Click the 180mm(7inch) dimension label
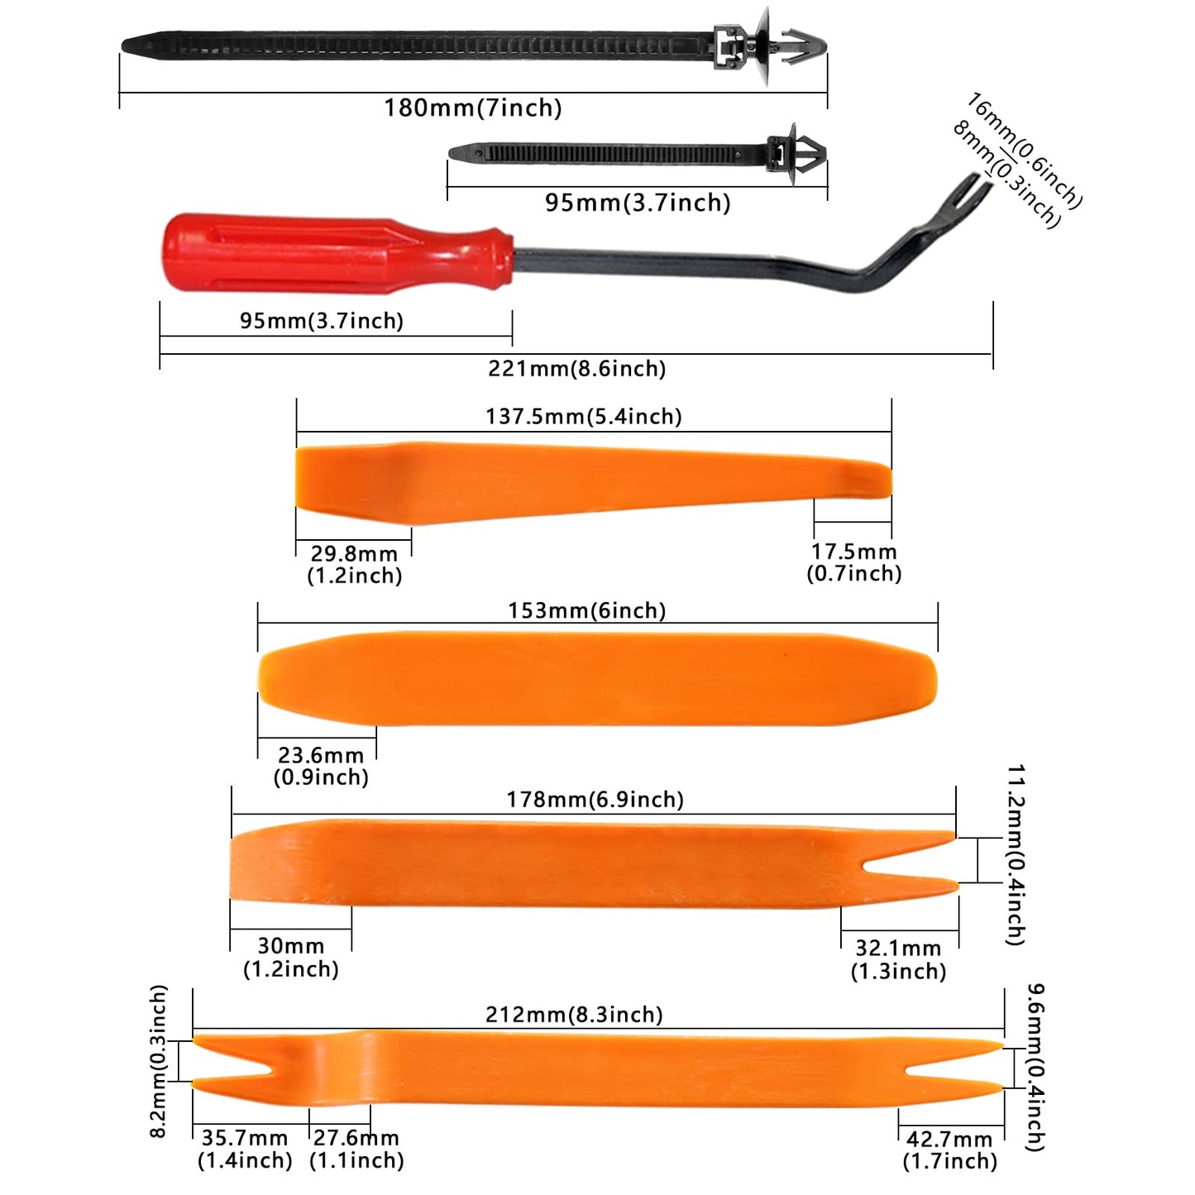[x=472, y=108]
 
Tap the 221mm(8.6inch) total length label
[x=576, y=368]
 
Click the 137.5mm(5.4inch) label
[x=584, y=416]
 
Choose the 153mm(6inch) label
[x=586, y=610]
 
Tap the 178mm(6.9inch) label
[x=595, y=800]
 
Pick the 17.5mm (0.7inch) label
[x=854, y=562]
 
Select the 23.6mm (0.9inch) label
[x=321, y=766]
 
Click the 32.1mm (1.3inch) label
[x=898, y=959]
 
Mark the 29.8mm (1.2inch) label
[x=354, y=564]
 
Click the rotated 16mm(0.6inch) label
[x=1025, y=151]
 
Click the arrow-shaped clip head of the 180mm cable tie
[x=804, y=45]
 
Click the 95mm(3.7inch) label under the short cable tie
[x=638, y=203]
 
